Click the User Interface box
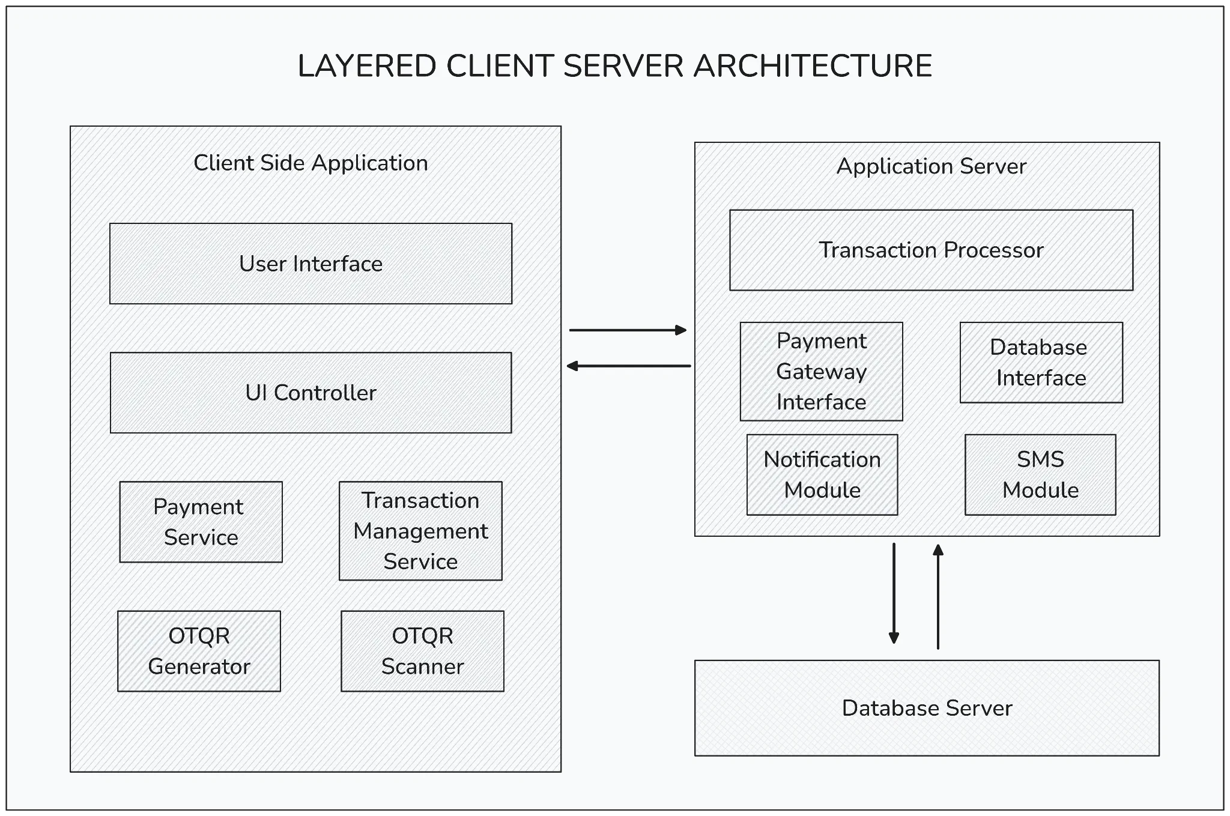click(311, 264)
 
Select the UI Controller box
click(311, 393)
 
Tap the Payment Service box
click(201, 522)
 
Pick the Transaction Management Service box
click(420, 531)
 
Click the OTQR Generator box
click(199, 651)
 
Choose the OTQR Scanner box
click(422, 651)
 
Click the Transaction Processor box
click(931, 250)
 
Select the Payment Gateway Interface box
click(821, 372)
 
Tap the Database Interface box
click(1041, 363)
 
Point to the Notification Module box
click(822, 475)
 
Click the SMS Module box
click(1040, 475)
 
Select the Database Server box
click(927, 708)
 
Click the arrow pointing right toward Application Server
click(628, 330)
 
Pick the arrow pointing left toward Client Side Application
click(629, 366)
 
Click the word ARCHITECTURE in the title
click(813, 66)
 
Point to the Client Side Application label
click(311, 163)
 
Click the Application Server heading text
click(931, 166)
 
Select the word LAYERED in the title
click(367, 66)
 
